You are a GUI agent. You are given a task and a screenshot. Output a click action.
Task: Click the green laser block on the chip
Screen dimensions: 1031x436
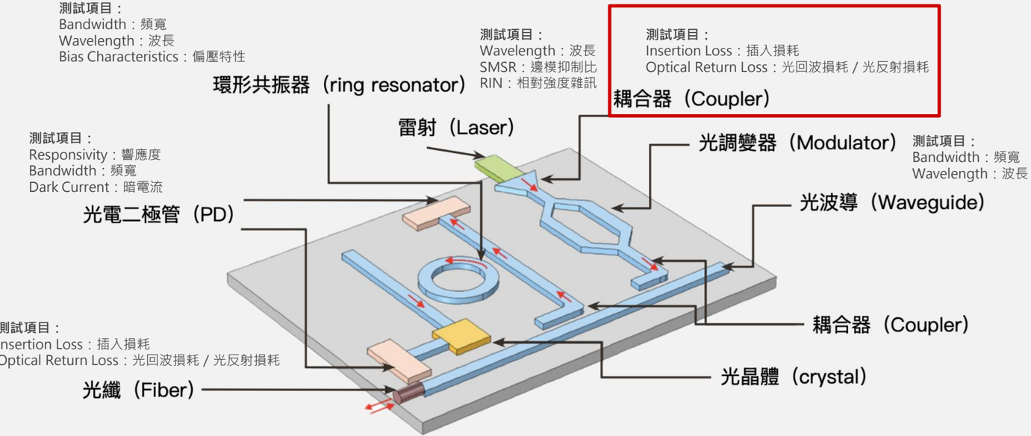tap(499, 167)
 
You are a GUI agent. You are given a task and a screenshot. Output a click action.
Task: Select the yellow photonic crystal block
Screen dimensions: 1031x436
tap(461, 337)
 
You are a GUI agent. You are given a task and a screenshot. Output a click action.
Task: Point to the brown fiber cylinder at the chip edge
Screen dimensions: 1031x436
tap(409, 392)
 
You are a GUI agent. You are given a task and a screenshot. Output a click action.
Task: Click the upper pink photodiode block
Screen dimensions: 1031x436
tap(436, 213)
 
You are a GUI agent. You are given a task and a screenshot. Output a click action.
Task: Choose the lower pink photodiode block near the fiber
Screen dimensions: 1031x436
tap(399, 361)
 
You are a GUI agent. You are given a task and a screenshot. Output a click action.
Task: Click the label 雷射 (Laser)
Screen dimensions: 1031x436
tap(456, 128)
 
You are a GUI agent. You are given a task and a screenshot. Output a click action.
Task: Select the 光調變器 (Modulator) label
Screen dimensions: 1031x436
tap(797, 143)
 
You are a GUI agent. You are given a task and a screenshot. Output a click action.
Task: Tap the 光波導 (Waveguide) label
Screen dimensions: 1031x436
tap(892, 202)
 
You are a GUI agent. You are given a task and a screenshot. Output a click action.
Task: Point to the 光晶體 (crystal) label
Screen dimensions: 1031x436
tap(794, 377)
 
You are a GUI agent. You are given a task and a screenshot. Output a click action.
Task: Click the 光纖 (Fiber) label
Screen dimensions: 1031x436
tap(138, 390)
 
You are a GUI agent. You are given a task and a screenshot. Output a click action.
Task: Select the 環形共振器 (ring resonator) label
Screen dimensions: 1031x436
tap(339, 85)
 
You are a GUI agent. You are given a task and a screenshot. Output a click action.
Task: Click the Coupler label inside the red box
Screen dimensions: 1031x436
tap(691, 99)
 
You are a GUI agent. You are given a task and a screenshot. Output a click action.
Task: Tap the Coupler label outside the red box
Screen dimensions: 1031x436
tap(891, 325)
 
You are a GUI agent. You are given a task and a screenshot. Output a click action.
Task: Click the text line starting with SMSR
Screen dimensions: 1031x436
tap(538, 67)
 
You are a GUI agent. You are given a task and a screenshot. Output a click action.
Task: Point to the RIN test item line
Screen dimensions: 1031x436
tap(538, 84)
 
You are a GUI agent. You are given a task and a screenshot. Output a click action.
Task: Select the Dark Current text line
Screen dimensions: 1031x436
tap(96, 187)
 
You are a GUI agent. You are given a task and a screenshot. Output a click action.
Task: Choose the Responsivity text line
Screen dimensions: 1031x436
tap(95, 155)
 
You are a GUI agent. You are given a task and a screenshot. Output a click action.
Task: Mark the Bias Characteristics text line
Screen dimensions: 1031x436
tap(152, 57)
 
